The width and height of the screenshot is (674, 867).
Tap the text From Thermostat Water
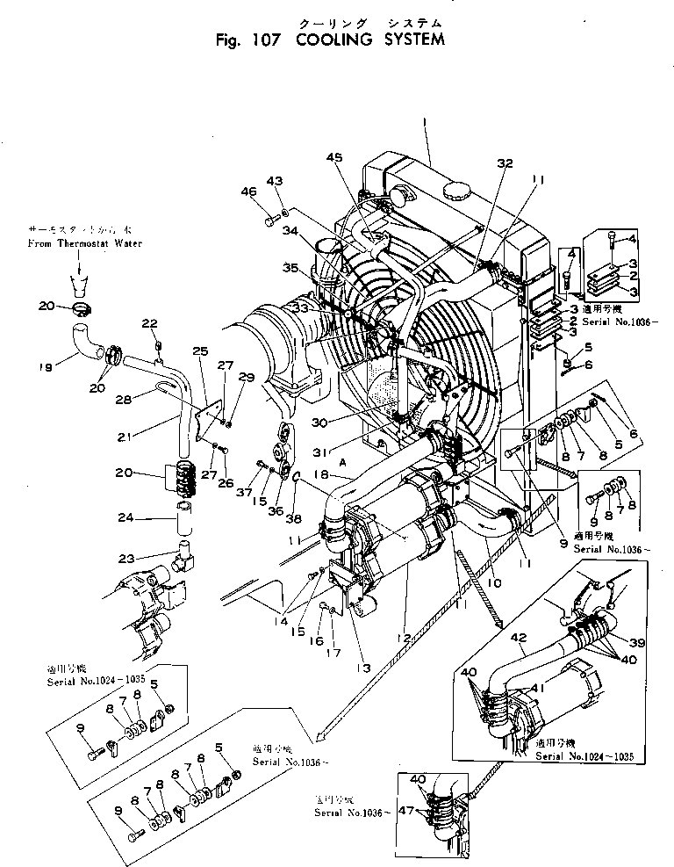point(84,242)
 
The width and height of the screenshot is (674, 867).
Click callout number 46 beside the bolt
point(249,191)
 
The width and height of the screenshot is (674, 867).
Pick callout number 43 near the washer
point(276,181)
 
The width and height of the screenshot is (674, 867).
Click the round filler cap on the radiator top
point(457,191)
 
